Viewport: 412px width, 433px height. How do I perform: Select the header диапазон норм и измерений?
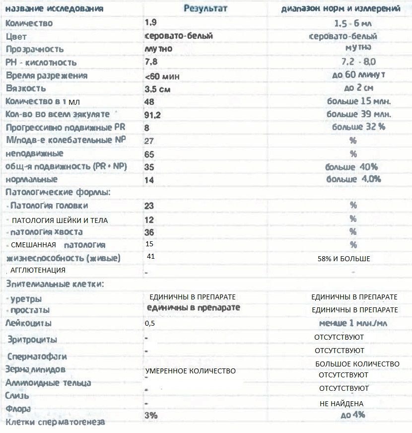pyautogui.click(x=341, y=9)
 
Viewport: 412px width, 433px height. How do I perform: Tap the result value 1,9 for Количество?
pyautogui.click(x=150, y=23)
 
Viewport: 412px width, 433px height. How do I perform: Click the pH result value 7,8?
pyautogui.click(x=151, y=62)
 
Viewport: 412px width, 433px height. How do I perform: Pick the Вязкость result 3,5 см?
pyautogui.click(x=158, y=89)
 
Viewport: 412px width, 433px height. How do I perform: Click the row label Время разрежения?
pyautogui.click(x=47, y=75)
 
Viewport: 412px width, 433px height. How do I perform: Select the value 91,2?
pyautogui.click(x=153, y=115)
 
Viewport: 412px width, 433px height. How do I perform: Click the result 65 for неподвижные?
pyautogui.click(x=149, y=154)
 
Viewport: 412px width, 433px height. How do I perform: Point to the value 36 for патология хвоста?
pyautogui.click(x=149, y=232)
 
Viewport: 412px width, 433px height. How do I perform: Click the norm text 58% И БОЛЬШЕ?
pyautogui.click(x=343, y=259)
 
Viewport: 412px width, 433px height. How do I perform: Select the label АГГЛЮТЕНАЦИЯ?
pyautogui.click(x=38, y=271)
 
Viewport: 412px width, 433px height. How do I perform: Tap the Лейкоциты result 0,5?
pyautogui.click(x=150, y=323)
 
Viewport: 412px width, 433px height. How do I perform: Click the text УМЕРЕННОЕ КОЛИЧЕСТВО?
pyautogui.click(x=191, y=371)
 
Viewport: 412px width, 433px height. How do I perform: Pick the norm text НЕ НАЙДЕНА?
pyautogui.click(x=342, y=404)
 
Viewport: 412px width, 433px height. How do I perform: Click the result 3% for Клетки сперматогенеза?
pyautogui.click(x=150, y=415)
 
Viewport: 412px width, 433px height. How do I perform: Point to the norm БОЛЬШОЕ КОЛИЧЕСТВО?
pyautogui.click(x=357, y=364)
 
